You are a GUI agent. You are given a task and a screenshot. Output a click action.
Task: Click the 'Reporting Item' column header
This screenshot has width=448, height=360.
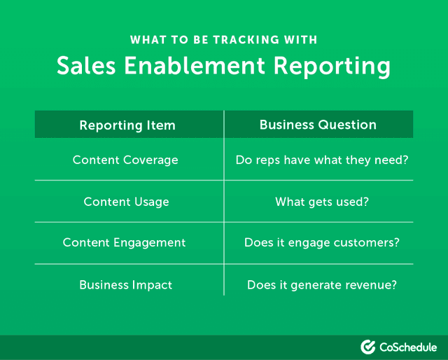click(127, 125)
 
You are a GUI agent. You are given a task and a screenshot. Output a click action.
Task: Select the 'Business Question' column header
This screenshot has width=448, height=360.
click(318, 125)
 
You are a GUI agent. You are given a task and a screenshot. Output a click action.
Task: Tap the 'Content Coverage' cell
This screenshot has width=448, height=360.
click(125, 160)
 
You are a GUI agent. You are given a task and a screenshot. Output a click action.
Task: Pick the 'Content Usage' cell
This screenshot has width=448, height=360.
click(126, 202)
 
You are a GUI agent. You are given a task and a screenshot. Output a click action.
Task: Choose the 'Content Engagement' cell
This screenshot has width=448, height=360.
click(125, 243)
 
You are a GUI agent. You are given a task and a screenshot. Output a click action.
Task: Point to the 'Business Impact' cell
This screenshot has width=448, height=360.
click(125, 285)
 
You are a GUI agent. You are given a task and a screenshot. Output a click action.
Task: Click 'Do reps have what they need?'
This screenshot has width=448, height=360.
click(322, 160)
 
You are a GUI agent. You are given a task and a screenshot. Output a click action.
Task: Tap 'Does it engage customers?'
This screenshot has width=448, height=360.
click(321, 243)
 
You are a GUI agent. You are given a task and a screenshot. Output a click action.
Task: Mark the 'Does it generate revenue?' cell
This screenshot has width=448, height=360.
click(322, 285)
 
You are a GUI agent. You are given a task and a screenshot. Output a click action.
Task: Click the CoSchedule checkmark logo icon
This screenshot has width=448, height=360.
click(368, 347)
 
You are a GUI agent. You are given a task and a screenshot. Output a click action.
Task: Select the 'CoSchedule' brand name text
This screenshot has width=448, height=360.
click(408, 347)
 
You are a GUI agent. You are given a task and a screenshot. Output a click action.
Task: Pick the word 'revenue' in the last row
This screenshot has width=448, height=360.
click(370, 286)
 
